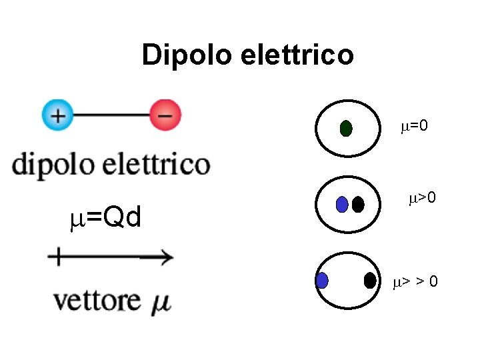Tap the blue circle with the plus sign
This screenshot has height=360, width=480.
[59, 115]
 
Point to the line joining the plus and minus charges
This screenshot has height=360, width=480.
[111, 115]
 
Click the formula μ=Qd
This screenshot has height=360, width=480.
[106, 217]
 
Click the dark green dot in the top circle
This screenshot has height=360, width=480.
[346, 129]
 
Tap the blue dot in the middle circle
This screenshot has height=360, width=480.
[342, 205]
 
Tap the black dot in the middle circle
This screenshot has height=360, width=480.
[358, 205]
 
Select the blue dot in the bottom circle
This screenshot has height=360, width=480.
[323, 281]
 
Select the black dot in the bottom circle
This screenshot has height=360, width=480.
[370, 281]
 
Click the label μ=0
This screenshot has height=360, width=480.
[414, 125]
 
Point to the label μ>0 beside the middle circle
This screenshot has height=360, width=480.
[422, 198]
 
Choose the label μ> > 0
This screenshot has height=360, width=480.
[415, 282]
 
